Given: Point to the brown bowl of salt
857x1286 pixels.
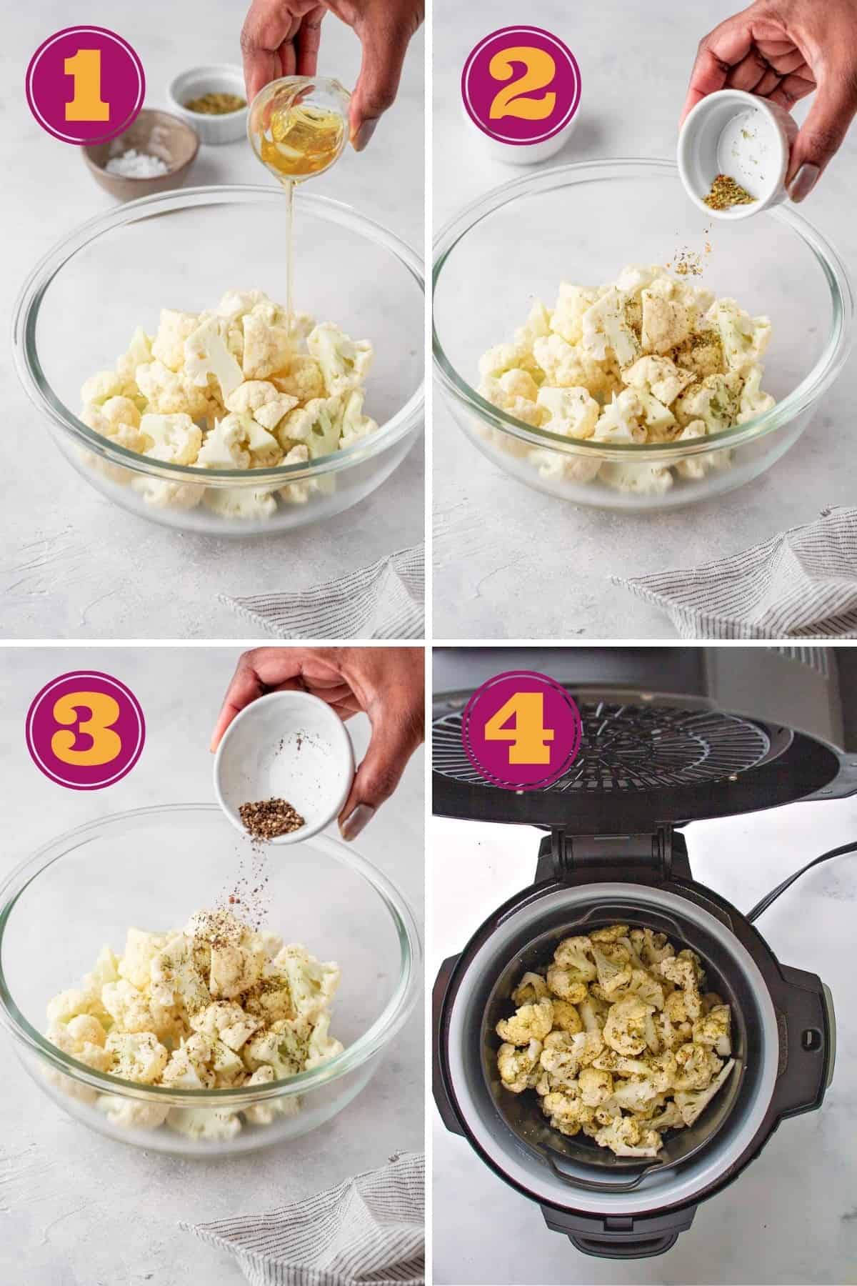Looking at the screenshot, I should [x=139, y=154].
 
